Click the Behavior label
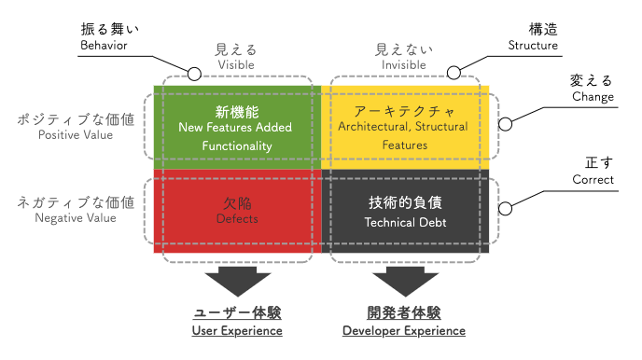104,45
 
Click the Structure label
533,45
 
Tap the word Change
593,97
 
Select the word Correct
593,180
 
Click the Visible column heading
236,64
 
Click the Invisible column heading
404,64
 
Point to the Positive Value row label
76,135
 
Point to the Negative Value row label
76,217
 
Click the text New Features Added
235,127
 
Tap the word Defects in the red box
237,219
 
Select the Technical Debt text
405,222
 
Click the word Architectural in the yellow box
373,127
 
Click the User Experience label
237,330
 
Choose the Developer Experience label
404,330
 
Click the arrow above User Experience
237,282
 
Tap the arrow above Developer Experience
405,282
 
